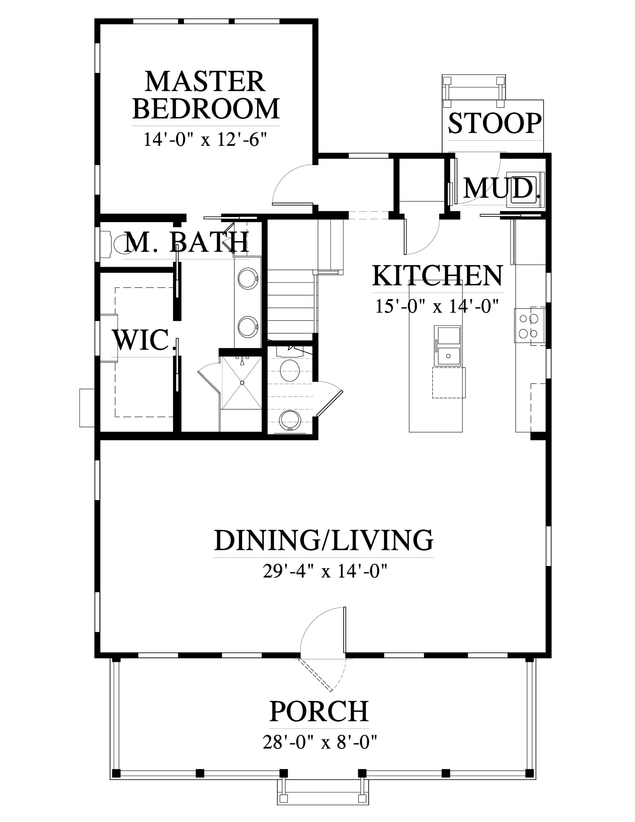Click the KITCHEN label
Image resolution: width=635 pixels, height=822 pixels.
(437, 276)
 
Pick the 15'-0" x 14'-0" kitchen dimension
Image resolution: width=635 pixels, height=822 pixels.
(437, 306)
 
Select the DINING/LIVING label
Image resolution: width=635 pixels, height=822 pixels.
(324, 540)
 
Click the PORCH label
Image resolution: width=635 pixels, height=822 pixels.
(319, 711)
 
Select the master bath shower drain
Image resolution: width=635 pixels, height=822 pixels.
(242, 382)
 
